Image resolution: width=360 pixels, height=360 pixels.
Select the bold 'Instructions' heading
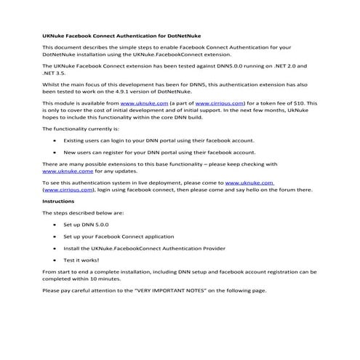click(x=58, y=201)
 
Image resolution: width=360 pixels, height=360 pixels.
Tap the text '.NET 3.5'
click(x=56, y=73)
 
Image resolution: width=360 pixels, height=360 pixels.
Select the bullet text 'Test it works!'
click(x=81, y=259)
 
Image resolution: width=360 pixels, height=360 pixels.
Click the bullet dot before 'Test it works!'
click(x=56, y=259)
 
